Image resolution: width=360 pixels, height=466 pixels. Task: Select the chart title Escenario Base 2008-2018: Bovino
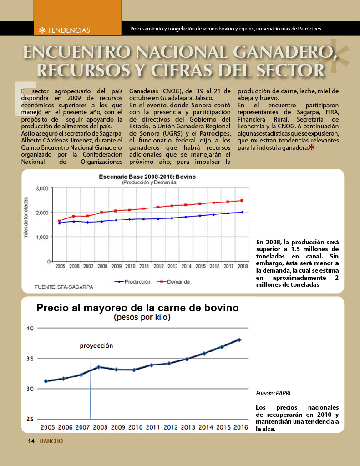tap(147, 177)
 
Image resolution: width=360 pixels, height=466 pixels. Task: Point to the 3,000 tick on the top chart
tap(42, 188)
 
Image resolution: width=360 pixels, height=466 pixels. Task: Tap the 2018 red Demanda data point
tap(242, 201)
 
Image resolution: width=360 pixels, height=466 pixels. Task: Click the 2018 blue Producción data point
tap(242, 212)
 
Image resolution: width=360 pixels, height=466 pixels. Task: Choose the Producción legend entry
tap(132, 282)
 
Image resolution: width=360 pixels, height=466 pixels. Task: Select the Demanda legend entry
tap(173, 282)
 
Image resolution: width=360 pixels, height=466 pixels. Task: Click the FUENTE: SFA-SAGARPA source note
tap(64, 287)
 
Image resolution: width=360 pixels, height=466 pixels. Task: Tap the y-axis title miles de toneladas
tap(26, 218)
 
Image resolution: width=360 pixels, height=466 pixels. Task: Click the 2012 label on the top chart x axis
tap(158, 266)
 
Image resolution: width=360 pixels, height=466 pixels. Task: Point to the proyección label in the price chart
tap(96, 346)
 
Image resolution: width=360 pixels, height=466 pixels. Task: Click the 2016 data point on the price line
tap(239, 339)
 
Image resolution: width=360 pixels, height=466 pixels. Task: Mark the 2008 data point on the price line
tap(99, 367)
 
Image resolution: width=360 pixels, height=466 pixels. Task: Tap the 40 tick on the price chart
tap(30, 329)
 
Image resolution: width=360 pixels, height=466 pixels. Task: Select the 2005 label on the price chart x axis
tap(48, 427)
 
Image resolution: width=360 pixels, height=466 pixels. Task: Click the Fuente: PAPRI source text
tap(274, 394)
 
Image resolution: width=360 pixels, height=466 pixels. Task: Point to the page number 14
tap(31, 441)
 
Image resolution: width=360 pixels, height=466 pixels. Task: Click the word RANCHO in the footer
tap(51, 441)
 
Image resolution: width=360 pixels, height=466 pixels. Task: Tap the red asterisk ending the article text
tap(312, 147)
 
